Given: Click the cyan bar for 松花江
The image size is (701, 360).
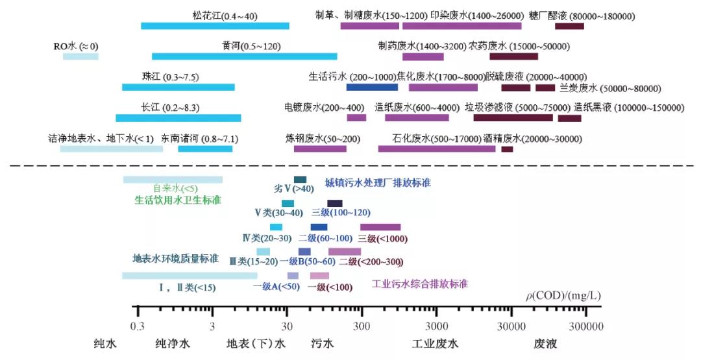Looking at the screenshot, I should tap(215, 26).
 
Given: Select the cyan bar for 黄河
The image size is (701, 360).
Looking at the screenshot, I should tap(244, 56).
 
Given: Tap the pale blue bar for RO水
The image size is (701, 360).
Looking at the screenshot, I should tap(80, 56).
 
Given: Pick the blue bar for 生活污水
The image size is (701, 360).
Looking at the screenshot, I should tap(372, 87).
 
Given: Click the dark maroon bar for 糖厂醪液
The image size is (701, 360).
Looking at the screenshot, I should tap(569, 26).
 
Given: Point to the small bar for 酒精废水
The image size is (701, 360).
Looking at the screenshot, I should tap(507, 149).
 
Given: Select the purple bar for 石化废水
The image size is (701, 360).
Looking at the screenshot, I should tap(437, 149).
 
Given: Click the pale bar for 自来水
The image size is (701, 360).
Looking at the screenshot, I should tap(173, 180).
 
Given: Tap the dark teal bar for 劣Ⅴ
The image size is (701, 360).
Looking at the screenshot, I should tap(300, 180).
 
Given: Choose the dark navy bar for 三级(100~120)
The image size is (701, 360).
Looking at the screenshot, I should tap(335, 204).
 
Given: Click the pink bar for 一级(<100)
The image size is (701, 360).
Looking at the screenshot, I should tap(319, 276).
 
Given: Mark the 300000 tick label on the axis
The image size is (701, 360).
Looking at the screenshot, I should tap(586, 325).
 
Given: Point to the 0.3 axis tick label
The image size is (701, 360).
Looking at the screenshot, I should tap(137, 325).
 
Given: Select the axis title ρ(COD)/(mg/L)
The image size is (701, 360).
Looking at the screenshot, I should tap(563, 296).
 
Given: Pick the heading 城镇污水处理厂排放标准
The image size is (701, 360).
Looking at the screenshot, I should tap(378, 184).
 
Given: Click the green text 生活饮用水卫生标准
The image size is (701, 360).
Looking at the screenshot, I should tap(178, 200).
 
